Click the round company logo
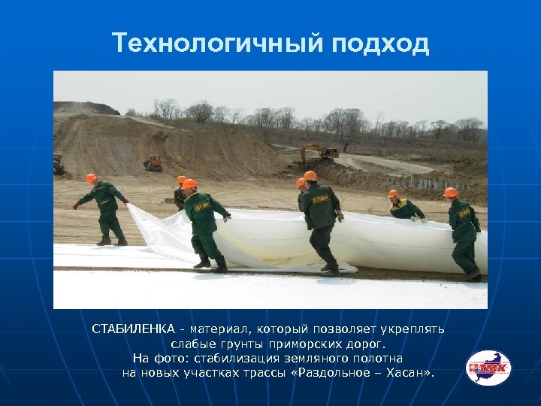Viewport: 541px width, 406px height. pos(488,368)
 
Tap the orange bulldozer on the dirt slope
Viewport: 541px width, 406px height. pos(153,162)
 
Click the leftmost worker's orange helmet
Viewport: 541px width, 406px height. pos(92,178)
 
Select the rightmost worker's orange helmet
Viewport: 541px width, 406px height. pos(451,192)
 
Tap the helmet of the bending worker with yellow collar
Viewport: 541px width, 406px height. pos(393,194)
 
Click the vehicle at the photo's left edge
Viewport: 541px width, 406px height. pos(59,164)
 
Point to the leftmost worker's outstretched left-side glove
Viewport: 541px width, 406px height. pos(76,205)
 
